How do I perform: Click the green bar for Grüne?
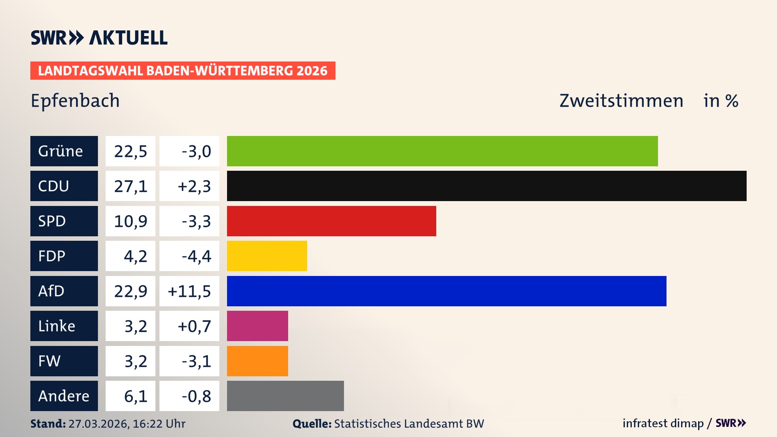[442, 151]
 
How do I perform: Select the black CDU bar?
[486, 186]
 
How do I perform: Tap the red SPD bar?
[331, 221]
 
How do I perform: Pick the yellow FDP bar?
[267, 256]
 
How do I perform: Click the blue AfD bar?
[446, 291]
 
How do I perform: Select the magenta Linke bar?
[257, 326]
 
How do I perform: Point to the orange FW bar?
[257, 361]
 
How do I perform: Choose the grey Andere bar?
[285, 396]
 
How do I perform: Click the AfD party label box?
[64, 291]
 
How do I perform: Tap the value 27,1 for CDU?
[130, 186]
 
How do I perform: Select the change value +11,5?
[189, 291]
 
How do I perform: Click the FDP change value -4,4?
[196, 256]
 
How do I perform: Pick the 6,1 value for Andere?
[135, 396]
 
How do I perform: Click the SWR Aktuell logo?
[99, 38]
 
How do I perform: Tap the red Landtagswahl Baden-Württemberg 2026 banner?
[183, 71]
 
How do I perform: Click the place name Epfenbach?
[75, 101]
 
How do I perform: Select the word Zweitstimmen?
[621, 101]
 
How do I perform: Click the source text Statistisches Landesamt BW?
[409, 424]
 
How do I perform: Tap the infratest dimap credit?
[663, 423]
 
